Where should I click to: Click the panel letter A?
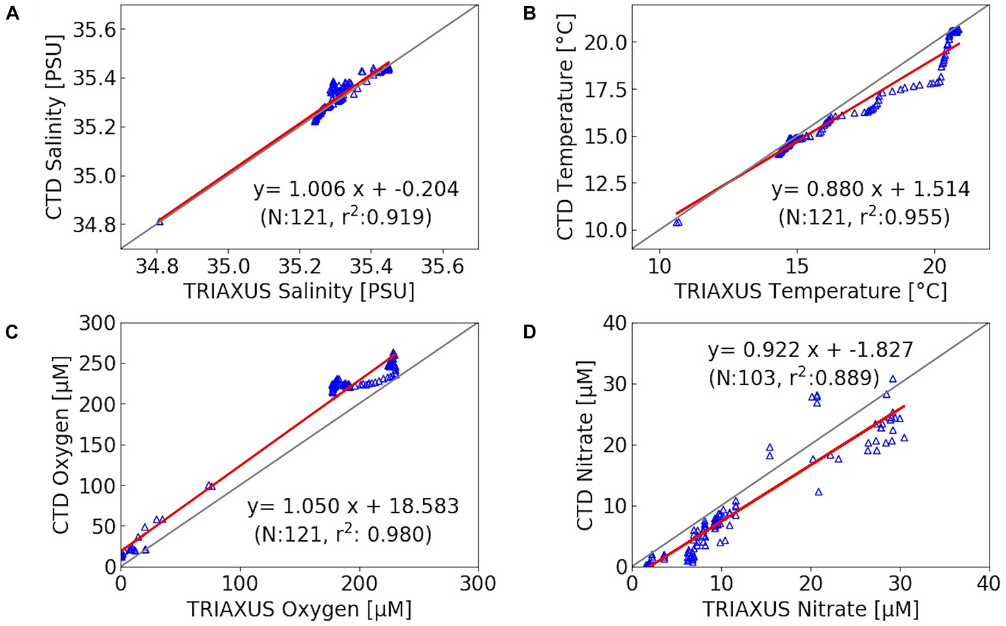12,13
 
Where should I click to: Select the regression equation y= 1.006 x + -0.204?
356,189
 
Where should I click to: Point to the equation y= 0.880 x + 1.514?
870,189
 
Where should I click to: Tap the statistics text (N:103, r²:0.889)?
794,377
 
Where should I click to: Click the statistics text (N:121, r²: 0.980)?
343,534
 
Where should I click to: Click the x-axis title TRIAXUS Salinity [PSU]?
299,291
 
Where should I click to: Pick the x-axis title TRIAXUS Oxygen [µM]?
299,609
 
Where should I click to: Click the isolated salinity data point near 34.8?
159,222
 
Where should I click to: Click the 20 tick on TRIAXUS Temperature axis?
934,266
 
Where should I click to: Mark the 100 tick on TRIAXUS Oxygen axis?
239,584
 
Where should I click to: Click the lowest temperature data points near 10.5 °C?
677,222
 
